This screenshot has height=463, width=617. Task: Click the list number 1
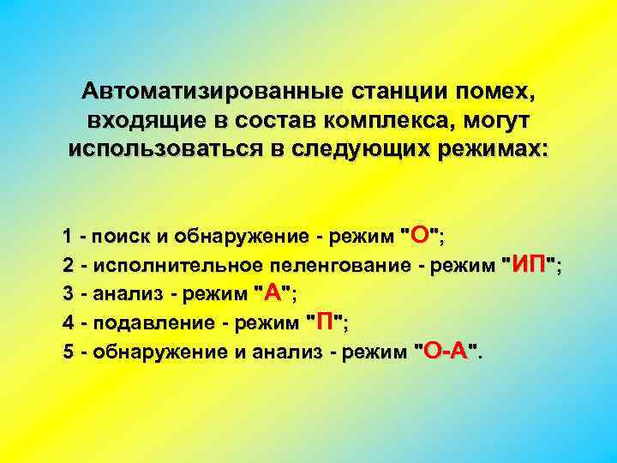pos(67,236)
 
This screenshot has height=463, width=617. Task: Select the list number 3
pos(67,293)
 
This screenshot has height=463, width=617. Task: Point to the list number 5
pos(67,352)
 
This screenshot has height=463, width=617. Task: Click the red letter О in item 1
pos(419,235)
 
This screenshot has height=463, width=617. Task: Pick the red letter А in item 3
pos(273,292)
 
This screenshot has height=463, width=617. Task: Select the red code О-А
pos(446,351)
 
